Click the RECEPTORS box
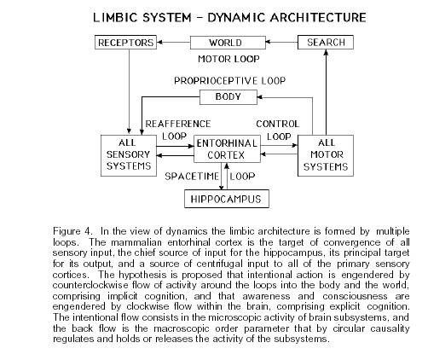pyautogui.click(x=125, y=43)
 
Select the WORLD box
pyautogui.click(x=228, y=43)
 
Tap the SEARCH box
pyautogui.click(x=326, y=43)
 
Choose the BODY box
pyautogui.click(x=228, y=97)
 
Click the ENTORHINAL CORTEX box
pyautogui.click(x=227, y=149)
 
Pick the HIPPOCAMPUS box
pyautogui.click(x=227, y=199)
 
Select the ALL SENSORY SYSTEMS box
pyautogui.click(x=129, y=155)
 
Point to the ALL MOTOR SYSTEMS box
pyautogui.click(x=326, y=155)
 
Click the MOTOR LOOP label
pyautogui.click(x=228, y=59)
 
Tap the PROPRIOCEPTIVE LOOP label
pyautogui.click(x=229, y=81)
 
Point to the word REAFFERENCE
pyautogui.click(x=178, y=124)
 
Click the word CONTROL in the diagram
pyautogui.click(x=278, y=124)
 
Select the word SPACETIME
pyautogui.click(x=192, y=177)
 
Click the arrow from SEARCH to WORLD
pyautogui.click(x=281, y=43)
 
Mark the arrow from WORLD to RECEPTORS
pyautogui.click(x=173, y=43)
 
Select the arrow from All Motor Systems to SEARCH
pyautogui.click(x=326, y=92)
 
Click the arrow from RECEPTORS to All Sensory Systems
pyautogui.click(x=130, y=91)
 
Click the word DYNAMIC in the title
pyautogui.click(x=236, y=18)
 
